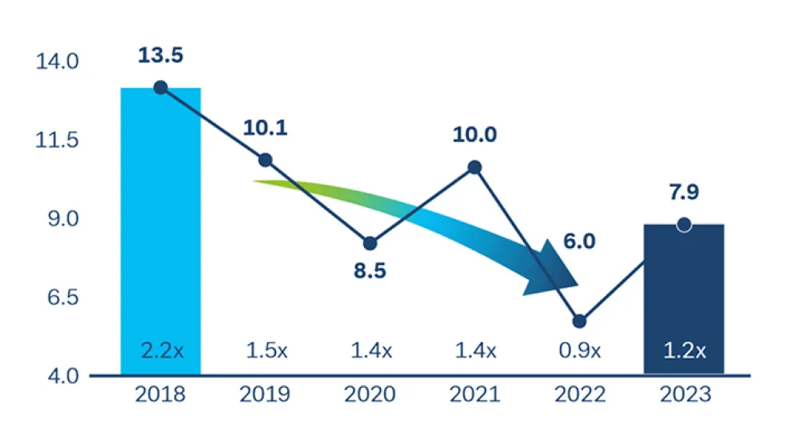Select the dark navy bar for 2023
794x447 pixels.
pos(683,305)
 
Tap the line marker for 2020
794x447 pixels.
pos(370,244)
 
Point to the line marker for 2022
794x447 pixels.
pos(579,322)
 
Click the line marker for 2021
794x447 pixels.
pos(475,168)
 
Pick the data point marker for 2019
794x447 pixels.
pos(265,161)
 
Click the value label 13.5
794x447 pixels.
pos(160,55)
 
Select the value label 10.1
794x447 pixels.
pos(265,128)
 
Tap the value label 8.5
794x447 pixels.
pos(370,270)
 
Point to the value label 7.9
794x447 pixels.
pos(683,193)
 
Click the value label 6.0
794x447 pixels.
pos(579,242)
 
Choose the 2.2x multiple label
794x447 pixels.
pos(160,351)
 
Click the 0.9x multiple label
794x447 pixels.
pos(579,351)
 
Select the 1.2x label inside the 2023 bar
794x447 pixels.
pos(683,351)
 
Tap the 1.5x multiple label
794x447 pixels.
pos(265,351)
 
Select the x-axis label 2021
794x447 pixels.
pos(475,395)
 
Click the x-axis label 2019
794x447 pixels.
pos(265,395)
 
